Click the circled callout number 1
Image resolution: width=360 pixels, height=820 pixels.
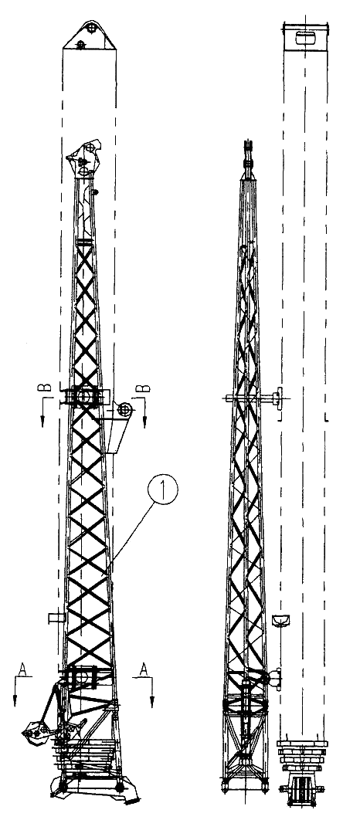tap(163, 489)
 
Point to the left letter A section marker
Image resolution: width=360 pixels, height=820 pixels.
tap(22, 669)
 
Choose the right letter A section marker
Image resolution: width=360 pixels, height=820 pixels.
tap(144, 669)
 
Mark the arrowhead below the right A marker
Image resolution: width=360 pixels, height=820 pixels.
tap(151, 702)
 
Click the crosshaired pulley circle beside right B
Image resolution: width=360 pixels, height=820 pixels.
tap(124, 410)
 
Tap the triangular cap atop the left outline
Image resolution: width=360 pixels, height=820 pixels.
tap(90, 36)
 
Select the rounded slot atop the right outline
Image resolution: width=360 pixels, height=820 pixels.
tap(304, 38)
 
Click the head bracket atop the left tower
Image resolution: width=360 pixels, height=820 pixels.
tap(84, 158)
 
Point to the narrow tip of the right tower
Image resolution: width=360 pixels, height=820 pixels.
tap(248, 153)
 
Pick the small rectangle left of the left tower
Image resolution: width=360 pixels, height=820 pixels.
tap(56, 618)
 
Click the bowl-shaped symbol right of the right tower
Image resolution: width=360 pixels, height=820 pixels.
tap(281, 620)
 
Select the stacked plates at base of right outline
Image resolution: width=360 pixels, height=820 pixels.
tap(303, 755)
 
